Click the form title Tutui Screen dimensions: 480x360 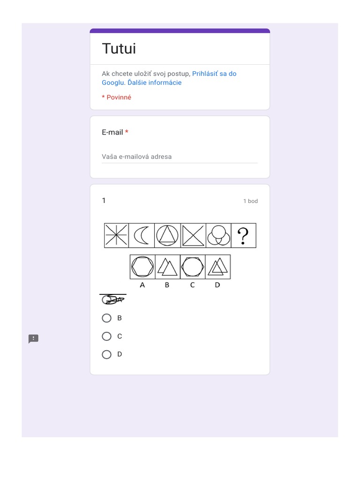coord(119,49)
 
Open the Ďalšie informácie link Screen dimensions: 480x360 coord(155,82)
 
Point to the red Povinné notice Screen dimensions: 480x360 coord(117,97)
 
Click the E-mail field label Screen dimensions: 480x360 coord(112,132)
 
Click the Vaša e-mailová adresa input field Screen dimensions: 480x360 coord(180,157)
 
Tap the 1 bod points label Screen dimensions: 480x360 coord(250,201)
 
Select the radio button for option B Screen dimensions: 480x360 coord(106,318)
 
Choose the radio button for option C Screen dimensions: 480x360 coord(106,336)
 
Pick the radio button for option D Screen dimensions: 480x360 coord(106,354)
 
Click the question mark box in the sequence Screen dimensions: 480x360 coord(243,235)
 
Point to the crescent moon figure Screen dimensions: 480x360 coord(141,235)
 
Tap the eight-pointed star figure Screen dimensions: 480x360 coord(116,235)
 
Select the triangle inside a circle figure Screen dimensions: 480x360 coord(167,235)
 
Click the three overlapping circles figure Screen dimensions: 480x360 coord(218,235)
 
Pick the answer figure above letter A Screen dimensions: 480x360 coord(142,267)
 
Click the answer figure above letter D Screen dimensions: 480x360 coord(217,267)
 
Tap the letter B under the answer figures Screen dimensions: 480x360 coord(167,285)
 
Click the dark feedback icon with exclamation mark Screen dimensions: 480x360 coord(33,339)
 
